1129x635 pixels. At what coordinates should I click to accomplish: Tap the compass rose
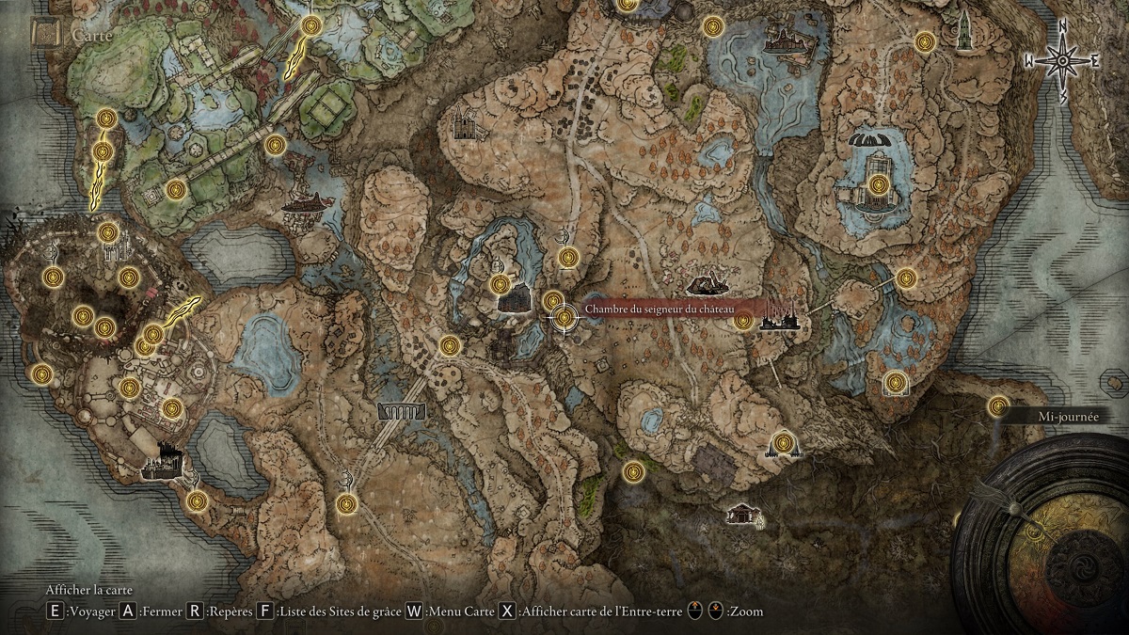(x=1062, y=62)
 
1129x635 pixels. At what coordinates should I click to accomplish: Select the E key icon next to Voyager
(x=56, y=611)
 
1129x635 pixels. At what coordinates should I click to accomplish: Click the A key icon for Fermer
(x=128, y=611)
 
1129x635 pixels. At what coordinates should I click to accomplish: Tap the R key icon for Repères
(x=196, y=611)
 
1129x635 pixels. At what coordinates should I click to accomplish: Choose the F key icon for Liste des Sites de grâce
(x=265, y=611)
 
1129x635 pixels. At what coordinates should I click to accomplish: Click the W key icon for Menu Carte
(x=413, y=611)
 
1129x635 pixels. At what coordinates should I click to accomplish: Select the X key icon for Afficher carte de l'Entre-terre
(x=507, y=611)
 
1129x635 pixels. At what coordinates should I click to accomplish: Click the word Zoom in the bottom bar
(x=746, y=611)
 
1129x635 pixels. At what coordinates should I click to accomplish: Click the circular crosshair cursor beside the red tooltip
(x=564, y=318)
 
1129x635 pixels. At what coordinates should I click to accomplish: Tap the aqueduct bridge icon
(x=401, y=411)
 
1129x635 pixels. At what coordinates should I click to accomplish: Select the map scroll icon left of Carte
(x=44, y=34)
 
